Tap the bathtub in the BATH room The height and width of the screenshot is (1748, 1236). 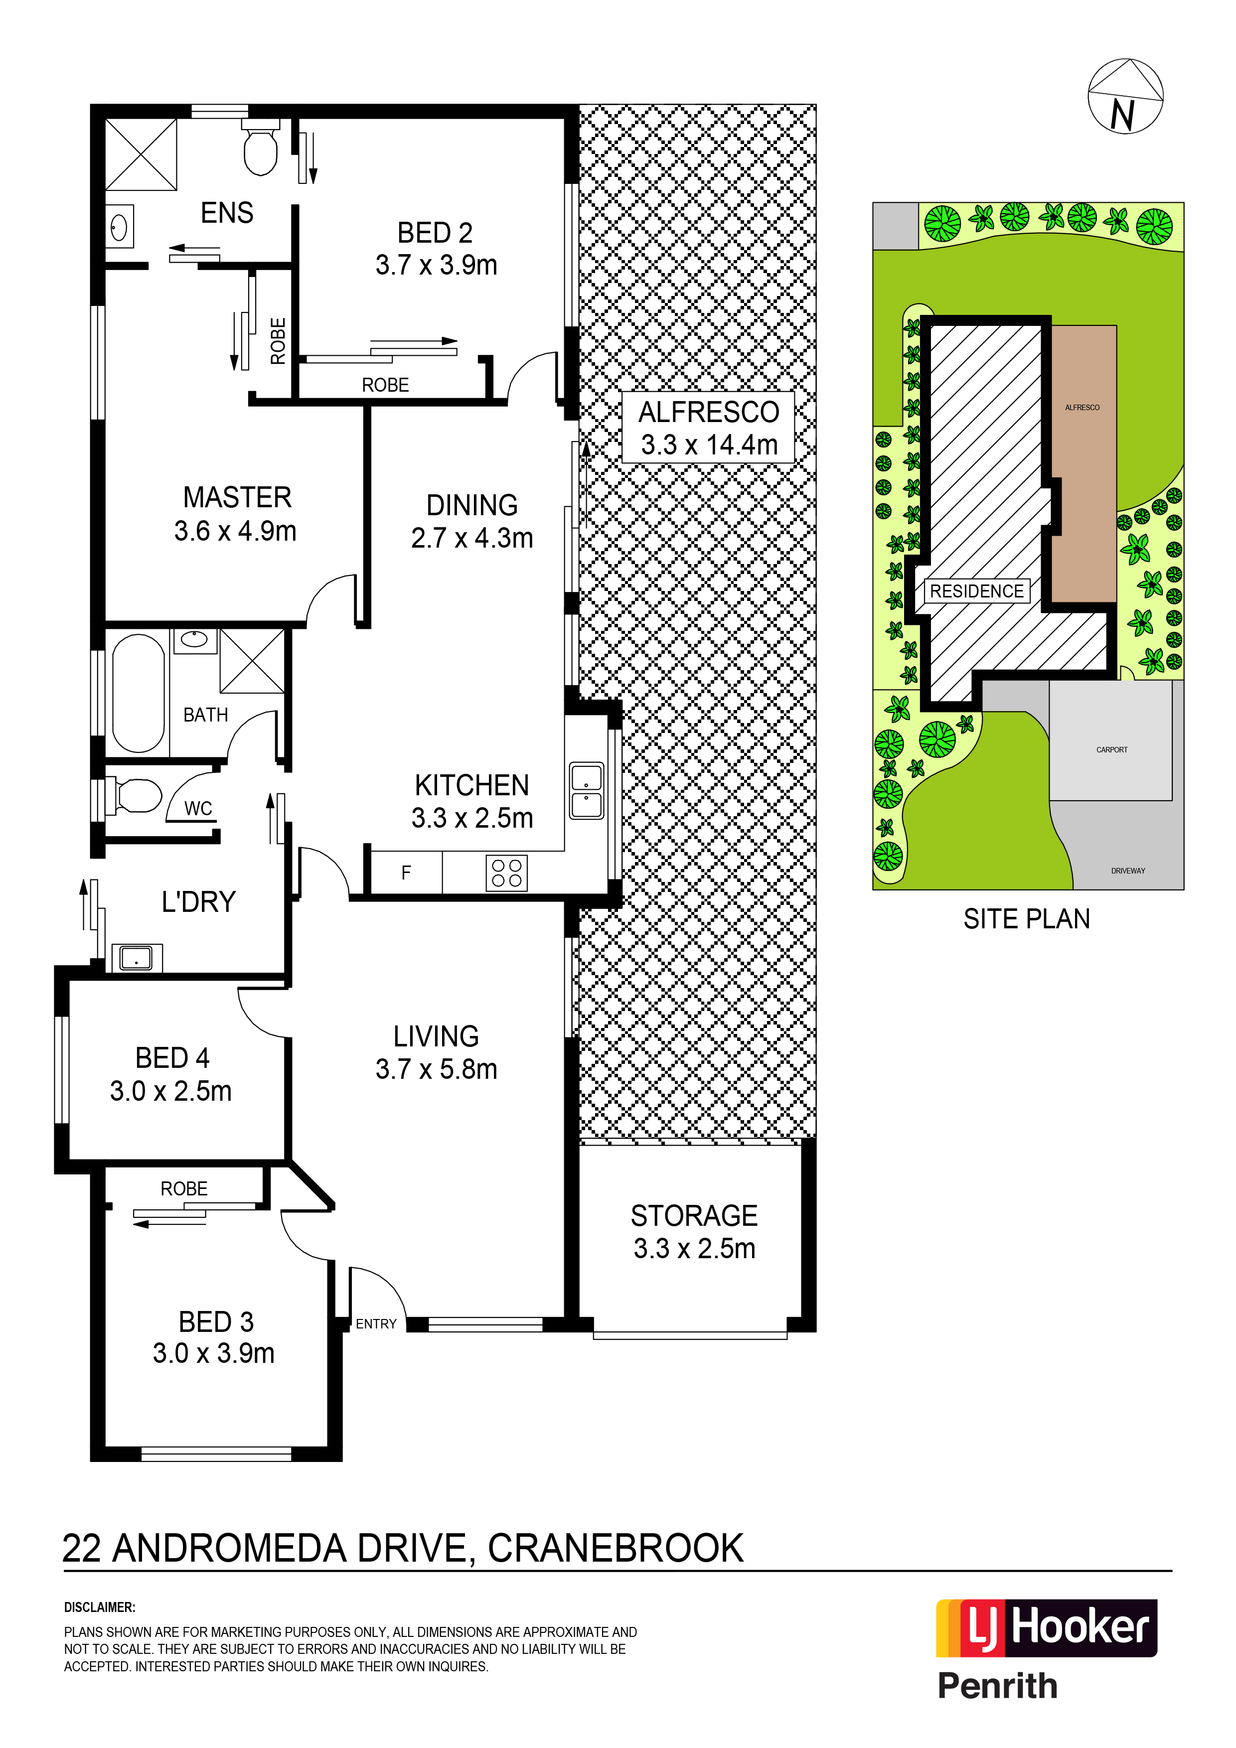tap(139, 693)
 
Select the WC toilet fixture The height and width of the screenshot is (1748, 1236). tap(134, 796)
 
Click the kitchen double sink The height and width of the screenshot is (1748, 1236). tap(587, 791)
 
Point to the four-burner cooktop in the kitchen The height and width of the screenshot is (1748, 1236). tap(506, 873)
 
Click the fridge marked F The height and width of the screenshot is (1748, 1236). tap(406, 873)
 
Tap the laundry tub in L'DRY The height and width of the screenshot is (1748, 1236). tap(137, 958)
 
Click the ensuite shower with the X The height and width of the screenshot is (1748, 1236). tap(141, 154)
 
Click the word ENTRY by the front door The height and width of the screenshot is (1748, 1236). tap(376, 1324)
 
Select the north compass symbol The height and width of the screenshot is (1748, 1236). tap(1125, 97)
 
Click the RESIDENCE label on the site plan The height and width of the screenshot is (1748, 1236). tap(977, 591)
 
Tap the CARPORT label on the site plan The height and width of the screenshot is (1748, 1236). tap(1112, 750)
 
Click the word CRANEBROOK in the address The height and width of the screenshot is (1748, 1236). tap(616, 1549)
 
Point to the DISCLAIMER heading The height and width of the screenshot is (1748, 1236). tap(100, 1607)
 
